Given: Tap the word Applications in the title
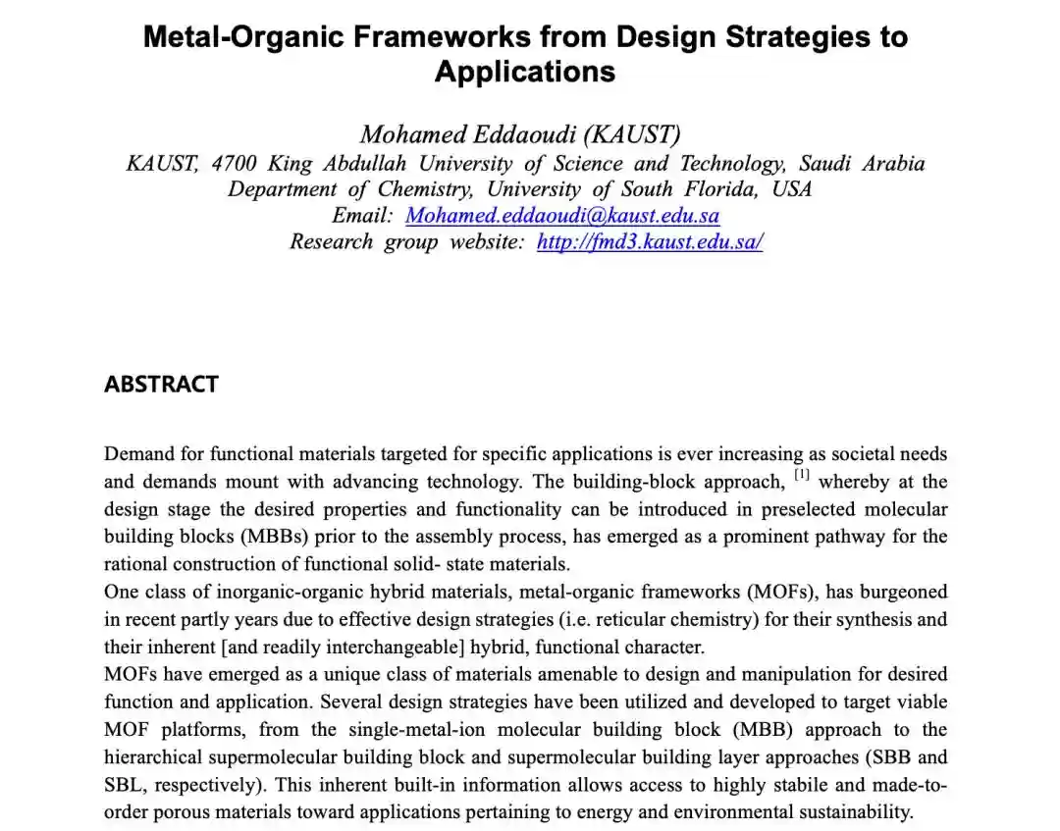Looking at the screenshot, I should [525, 72].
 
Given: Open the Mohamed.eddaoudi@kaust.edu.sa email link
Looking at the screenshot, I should [562, 215].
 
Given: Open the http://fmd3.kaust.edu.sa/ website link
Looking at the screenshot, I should [649, 241].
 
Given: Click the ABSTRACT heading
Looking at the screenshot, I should [161, 384].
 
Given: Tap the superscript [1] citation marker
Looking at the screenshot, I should [801, 476].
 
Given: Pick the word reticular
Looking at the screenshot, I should [645, 619].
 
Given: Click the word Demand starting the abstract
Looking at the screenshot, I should [136, 454].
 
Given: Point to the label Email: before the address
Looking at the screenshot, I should [361, 215].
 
